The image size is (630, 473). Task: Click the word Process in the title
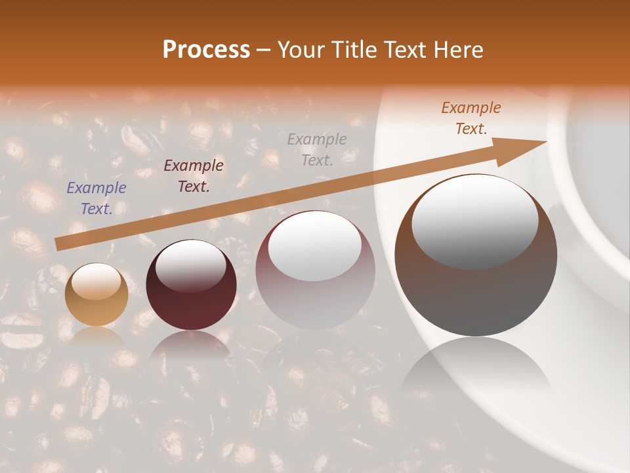point(206,50)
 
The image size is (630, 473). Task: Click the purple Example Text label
point(96,198)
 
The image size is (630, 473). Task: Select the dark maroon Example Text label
point(194,176)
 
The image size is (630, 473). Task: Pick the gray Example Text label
point(317,149)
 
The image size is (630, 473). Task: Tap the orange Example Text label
point(471,118)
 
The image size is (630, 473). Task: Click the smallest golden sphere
point(96,295)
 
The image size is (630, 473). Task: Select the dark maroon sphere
point(191,286)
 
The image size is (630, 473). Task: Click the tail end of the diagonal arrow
point(58,244)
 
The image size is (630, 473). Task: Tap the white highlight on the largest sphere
point(475,220)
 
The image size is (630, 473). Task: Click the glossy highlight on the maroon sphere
point(191,264)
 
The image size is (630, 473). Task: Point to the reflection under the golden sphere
point(96,336)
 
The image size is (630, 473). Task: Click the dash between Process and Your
point(264,50)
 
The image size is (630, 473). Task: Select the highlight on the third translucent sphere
point(315,246)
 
